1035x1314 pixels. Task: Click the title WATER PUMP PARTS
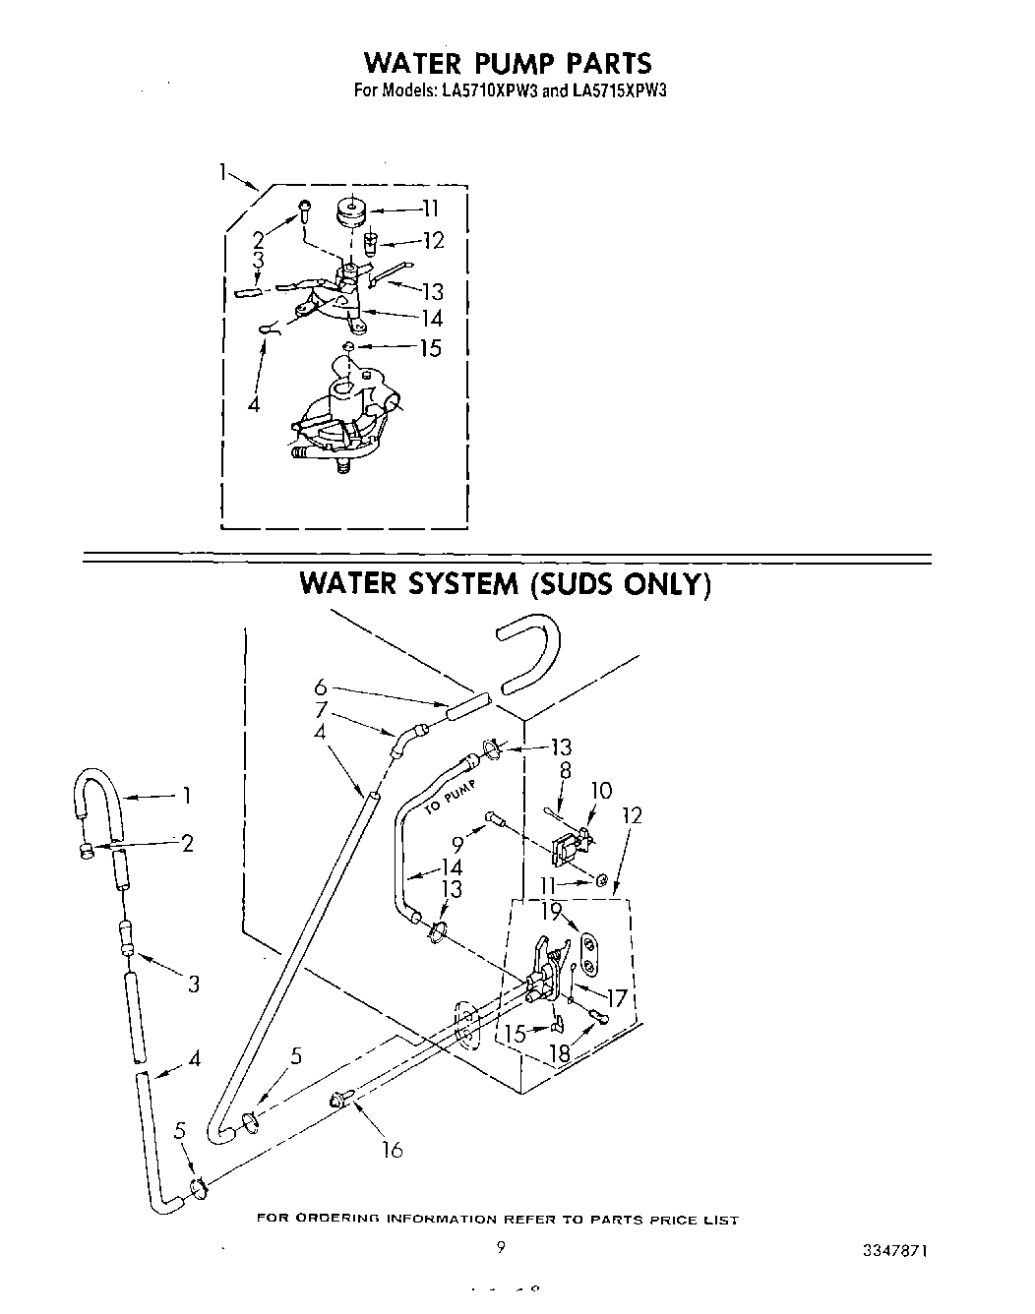click(507, 63)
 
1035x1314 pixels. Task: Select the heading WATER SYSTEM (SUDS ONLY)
click(504, 583)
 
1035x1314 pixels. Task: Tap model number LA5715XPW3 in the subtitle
click(613, 90)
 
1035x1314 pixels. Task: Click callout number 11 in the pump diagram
click(430, 208)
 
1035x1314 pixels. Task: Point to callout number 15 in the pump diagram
click(430, 348)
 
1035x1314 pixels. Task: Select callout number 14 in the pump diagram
click(431, 318)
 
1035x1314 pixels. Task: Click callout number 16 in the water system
click(392, 1149)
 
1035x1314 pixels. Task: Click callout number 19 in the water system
click(551, 911)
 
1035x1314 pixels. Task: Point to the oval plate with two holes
click(588, 953)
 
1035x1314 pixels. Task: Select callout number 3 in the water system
click(194, 983)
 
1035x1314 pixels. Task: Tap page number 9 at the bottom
click(501, 1248)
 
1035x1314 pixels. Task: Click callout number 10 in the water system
click(600, 790)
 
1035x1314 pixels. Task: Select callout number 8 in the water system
click(565, 773)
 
